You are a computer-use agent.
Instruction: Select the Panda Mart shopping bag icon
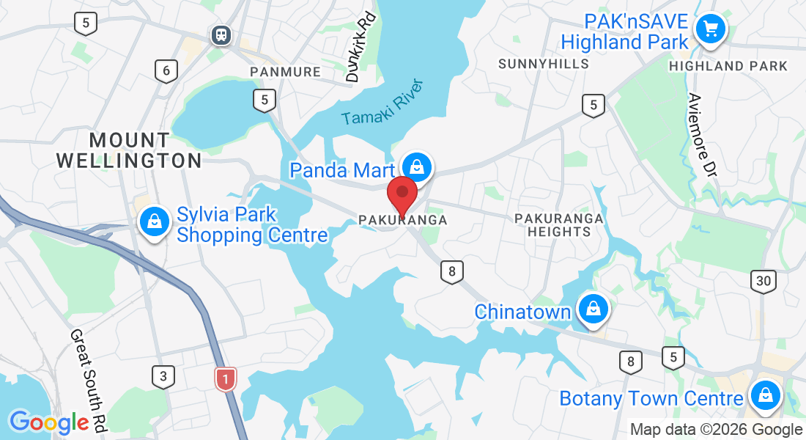[416, 167]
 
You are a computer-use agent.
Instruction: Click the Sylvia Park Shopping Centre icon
[155, 221]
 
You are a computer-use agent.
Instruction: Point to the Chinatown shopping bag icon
[593, 309]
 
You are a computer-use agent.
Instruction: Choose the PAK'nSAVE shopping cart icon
[709, 29]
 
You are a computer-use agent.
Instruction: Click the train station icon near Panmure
[220, 34]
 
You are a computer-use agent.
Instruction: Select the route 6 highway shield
[166, 71]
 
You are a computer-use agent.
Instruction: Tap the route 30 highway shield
[764, 281]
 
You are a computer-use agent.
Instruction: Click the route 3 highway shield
[163, 378]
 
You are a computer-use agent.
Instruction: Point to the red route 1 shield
[226, 378]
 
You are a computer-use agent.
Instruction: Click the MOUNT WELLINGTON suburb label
[129, 150]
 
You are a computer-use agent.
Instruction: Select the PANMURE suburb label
[286, 72]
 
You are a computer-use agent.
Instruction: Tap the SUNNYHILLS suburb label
[544, 64]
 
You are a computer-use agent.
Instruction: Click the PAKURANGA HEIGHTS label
[559, 225]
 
